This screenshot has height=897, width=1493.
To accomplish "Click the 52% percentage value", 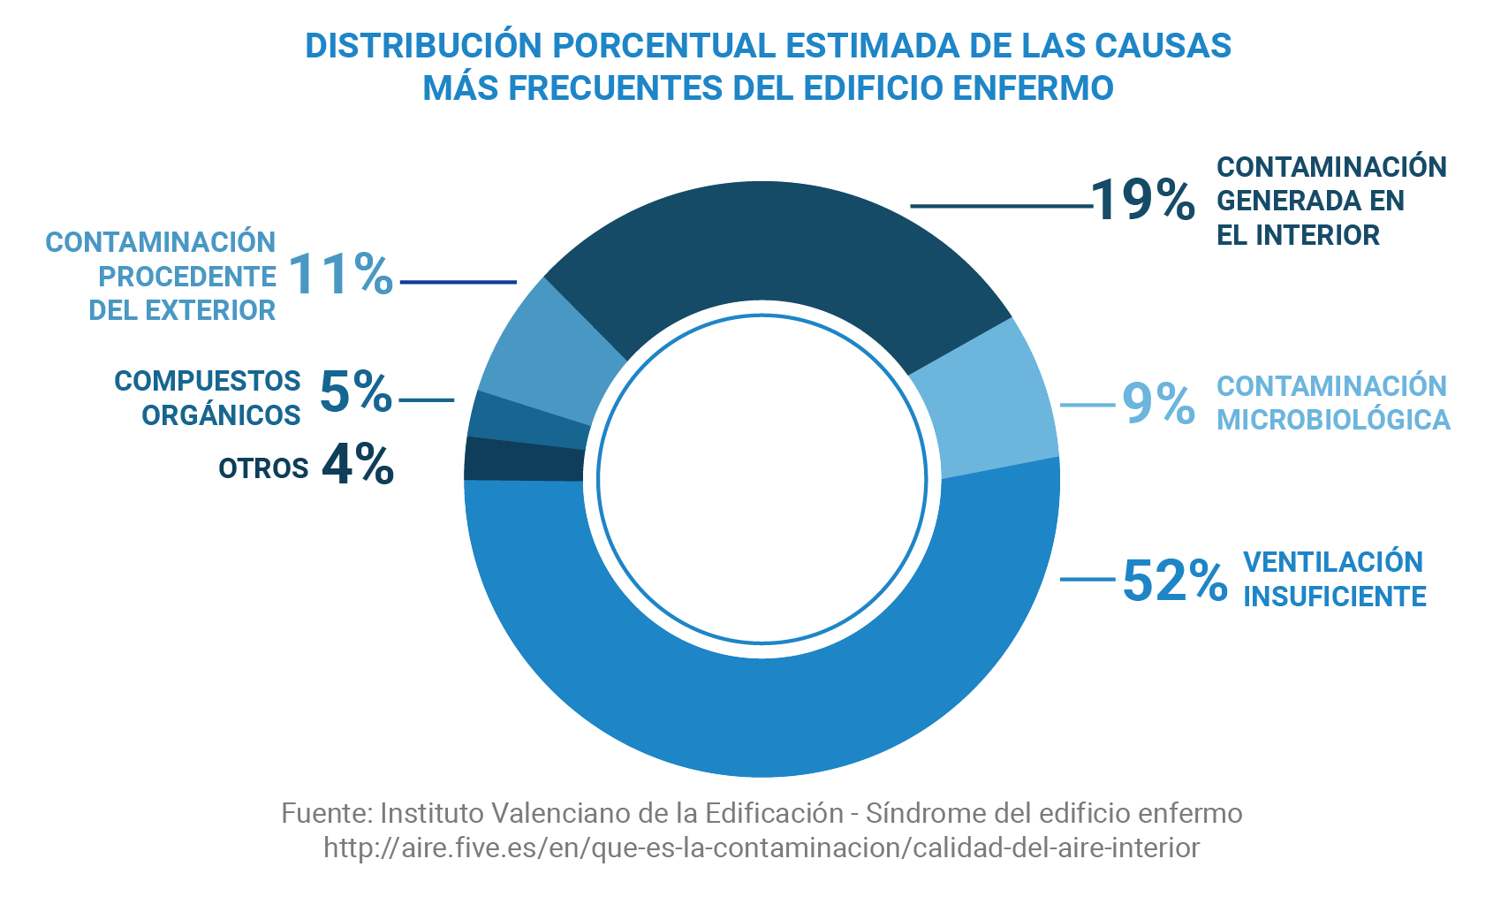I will click(x=1174, y=581).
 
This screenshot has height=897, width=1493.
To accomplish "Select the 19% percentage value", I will click(x=1143, y=200).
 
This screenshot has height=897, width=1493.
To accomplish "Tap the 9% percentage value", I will click(x=1158, y=404).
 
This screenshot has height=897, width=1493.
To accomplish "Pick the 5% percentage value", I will click(x=355, y=391).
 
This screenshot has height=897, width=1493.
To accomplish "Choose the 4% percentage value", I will click(x=357, y=465).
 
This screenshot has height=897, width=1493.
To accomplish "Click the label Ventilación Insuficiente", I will click(x=1334, y=579).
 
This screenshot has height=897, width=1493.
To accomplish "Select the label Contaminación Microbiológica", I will click(x=1333, y=403).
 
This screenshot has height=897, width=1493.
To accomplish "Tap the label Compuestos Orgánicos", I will click(x=208, y=398).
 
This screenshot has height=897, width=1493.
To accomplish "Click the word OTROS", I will click(x=263, y=468).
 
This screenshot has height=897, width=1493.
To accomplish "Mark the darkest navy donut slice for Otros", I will click(x=523, y=460).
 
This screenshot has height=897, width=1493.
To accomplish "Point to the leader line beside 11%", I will click(x=458, y=283).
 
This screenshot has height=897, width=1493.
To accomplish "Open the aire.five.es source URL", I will click(x=762, y=848).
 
